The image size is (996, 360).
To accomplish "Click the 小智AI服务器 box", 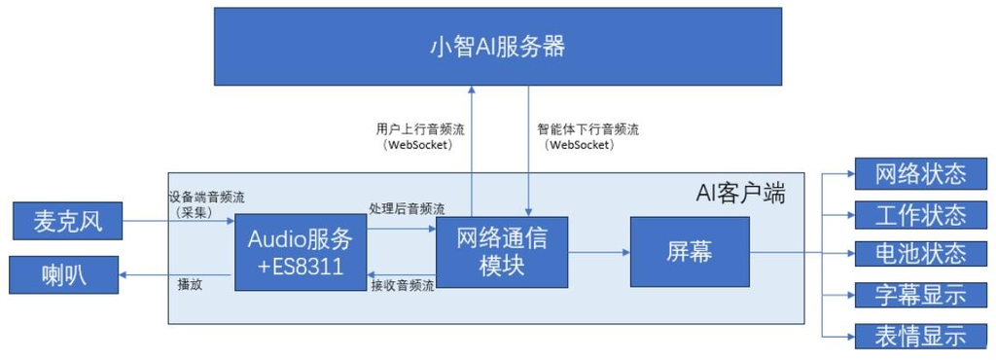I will tap(497, 46).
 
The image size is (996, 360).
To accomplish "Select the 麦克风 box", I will tap(69, 222).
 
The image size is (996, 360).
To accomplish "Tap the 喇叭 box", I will tap(63, 274).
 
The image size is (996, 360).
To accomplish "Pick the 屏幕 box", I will tap(690, 252).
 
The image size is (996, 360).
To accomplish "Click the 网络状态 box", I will tap(920, 174).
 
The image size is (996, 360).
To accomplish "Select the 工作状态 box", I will tap(920, 214).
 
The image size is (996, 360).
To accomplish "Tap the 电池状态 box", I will tap(920, 253).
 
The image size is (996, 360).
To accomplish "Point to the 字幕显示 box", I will tap(920, 294).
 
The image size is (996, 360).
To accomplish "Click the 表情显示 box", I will tap(920, 336).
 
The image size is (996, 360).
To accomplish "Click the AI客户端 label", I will tap(739, 192).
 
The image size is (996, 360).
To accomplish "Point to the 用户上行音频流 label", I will tap(415, 128).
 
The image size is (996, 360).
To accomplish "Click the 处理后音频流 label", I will tap(407, 208).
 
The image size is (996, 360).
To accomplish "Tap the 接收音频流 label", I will tap(403, 285).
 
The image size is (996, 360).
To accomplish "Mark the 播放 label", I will tap(190, 286).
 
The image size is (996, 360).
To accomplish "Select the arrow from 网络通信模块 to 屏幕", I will tap(598, 252).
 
